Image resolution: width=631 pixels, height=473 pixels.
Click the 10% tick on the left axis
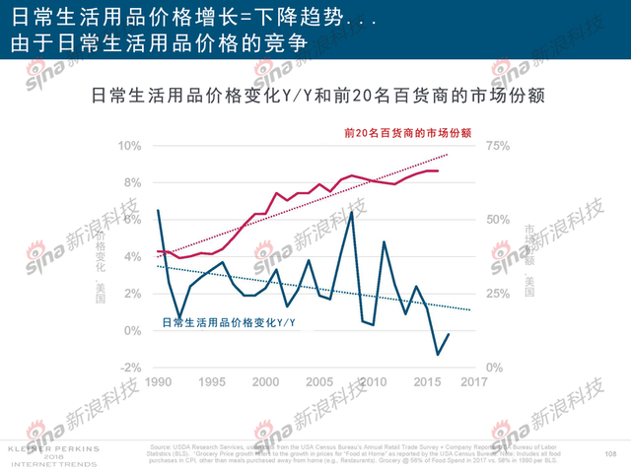click(130, 146)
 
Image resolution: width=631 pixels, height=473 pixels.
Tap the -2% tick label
click(130, 368)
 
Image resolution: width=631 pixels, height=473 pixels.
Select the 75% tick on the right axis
click(495, 146)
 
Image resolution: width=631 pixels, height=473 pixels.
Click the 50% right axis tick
click(495, 220)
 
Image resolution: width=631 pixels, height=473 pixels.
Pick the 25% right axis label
click(495, 294)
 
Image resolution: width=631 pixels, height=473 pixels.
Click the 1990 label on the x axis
click(161, 382)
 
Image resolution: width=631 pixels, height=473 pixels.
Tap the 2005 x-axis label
click(317, 382)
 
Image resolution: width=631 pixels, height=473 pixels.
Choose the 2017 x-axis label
click(475, 382)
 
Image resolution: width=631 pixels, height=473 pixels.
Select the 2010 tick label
click(370, 382)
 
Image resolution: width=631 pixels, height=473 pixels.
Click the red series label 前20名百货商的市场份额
click(407, 132)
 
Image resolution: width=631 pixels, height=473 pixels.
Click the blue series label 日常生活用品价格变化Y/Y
click(230, 322)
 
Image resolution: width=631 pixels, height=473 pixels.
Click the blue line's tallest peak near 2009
click(352, 212)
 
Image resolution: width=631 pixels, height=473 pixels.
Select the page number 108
click(609, 452)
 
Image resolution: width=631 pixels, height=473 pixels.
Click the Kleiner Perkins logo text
click(40, 448)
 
